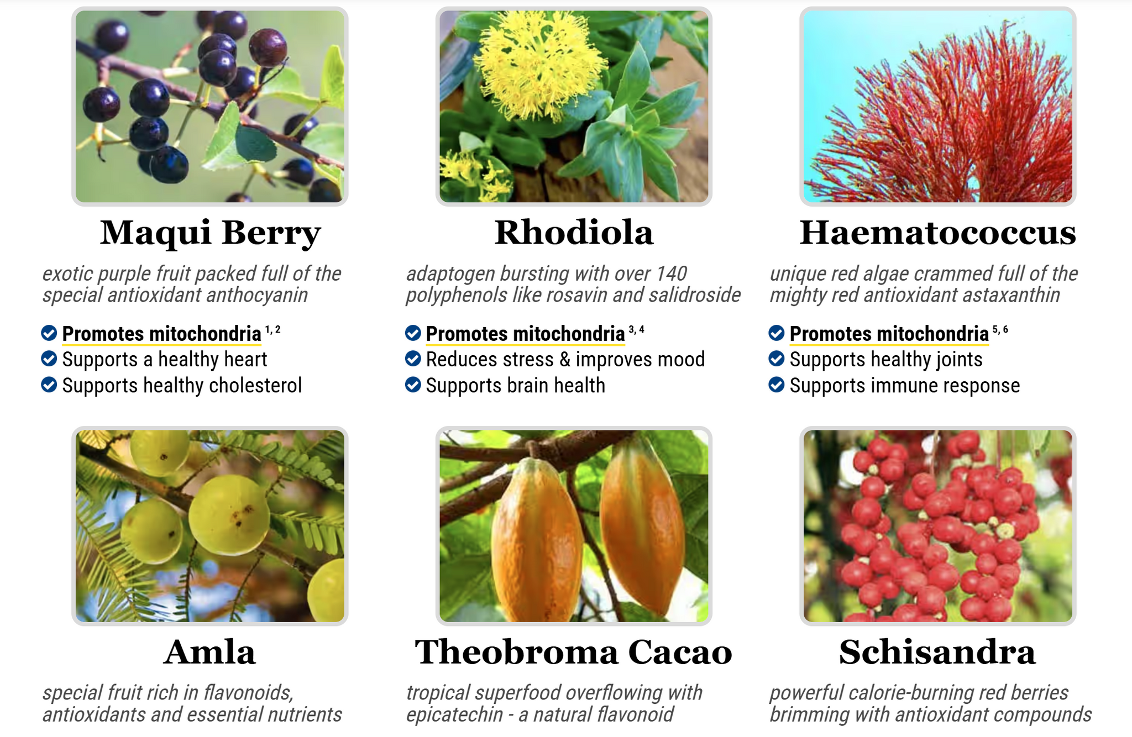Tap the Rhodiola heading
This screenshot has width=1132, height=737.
(x=574, y=233)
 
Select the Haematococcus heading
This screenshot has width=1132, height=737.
(x=937, y=233)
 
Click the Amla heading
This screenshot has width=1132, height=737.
(x=209, y=652)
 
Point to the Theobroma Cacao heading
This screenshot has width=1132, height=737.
(x=574, y=652)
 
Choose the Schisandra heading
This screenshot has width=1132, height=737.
(x=937, y=652)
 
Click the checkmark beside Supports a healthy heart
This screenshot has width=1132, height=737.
(x=49, y=359)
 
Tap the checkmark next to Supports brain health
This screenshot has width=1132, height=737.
(x=413, y=385)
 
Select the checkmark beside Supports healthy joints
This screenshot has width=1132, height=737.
(x=777, y=359)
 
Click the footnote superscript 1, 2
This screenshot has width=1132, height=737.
(x=273, y=330)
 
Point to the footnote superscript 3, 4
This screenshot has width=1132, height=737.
(x=637, y=330)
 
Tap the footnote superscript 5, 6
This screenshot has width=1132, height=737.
(x=1000, y=330)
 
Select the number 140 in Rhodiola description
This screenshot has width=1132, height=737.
(x=671, y=273)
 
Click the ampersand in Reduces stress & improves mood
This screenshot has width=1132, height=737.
(x=565, y=360)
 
